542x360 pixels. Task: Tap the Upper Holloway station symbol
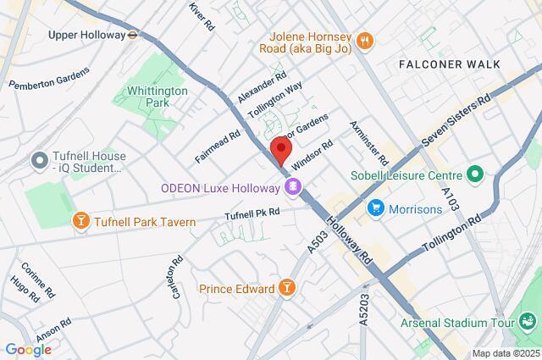(133, 36)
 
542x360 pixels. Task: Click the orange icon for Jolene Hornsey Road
(366, 39)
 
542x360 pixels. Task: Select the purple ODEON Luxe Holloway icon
(293, 186)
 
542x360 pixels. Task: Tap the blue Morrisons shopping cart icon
(374, 208)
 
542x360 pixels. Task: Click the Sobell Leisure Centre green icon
(475, 176)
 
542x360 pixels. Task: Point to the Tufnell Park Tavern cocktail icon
(80, 222)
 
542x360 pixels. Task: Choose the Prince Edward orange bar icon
(288, 289)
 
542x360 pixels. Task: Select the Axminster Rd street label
(369, 142)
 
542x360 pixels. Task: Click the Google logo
(28, 350)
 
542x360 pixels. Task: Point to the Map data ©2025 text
(506, 353)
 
